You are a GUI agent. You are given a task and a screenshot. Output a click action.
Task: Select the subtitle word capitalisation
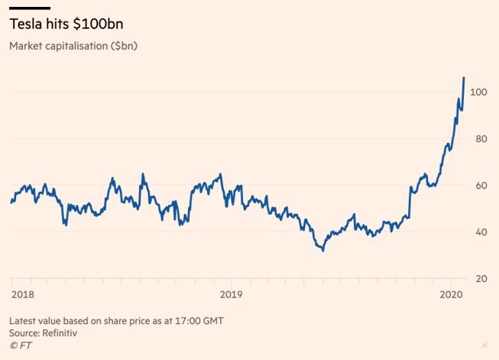(79, 46)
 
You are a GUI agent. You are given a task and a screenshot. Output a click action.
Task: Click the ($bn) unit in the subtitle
(124, 46)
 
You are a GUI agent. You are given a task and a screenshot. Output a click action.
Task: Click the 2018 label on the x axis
(23, 294)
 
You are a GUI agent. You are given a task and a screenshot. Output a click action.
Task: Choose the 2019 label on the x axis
(231, 294)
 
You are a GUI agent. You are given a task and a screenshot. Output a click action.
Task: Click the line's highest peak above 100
(464, 78)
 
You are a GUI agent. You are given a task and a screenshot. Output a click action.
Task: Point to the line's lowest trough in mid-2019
(323, 250)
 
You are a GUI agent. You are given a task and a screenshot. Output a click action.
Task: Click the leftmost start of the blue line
(11, 203)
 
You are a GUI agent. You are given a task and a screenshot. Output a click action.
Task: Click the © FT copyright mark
(20, 345)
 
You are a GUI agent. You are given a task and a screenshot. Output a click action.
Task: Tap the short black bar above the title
(29, 8)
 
